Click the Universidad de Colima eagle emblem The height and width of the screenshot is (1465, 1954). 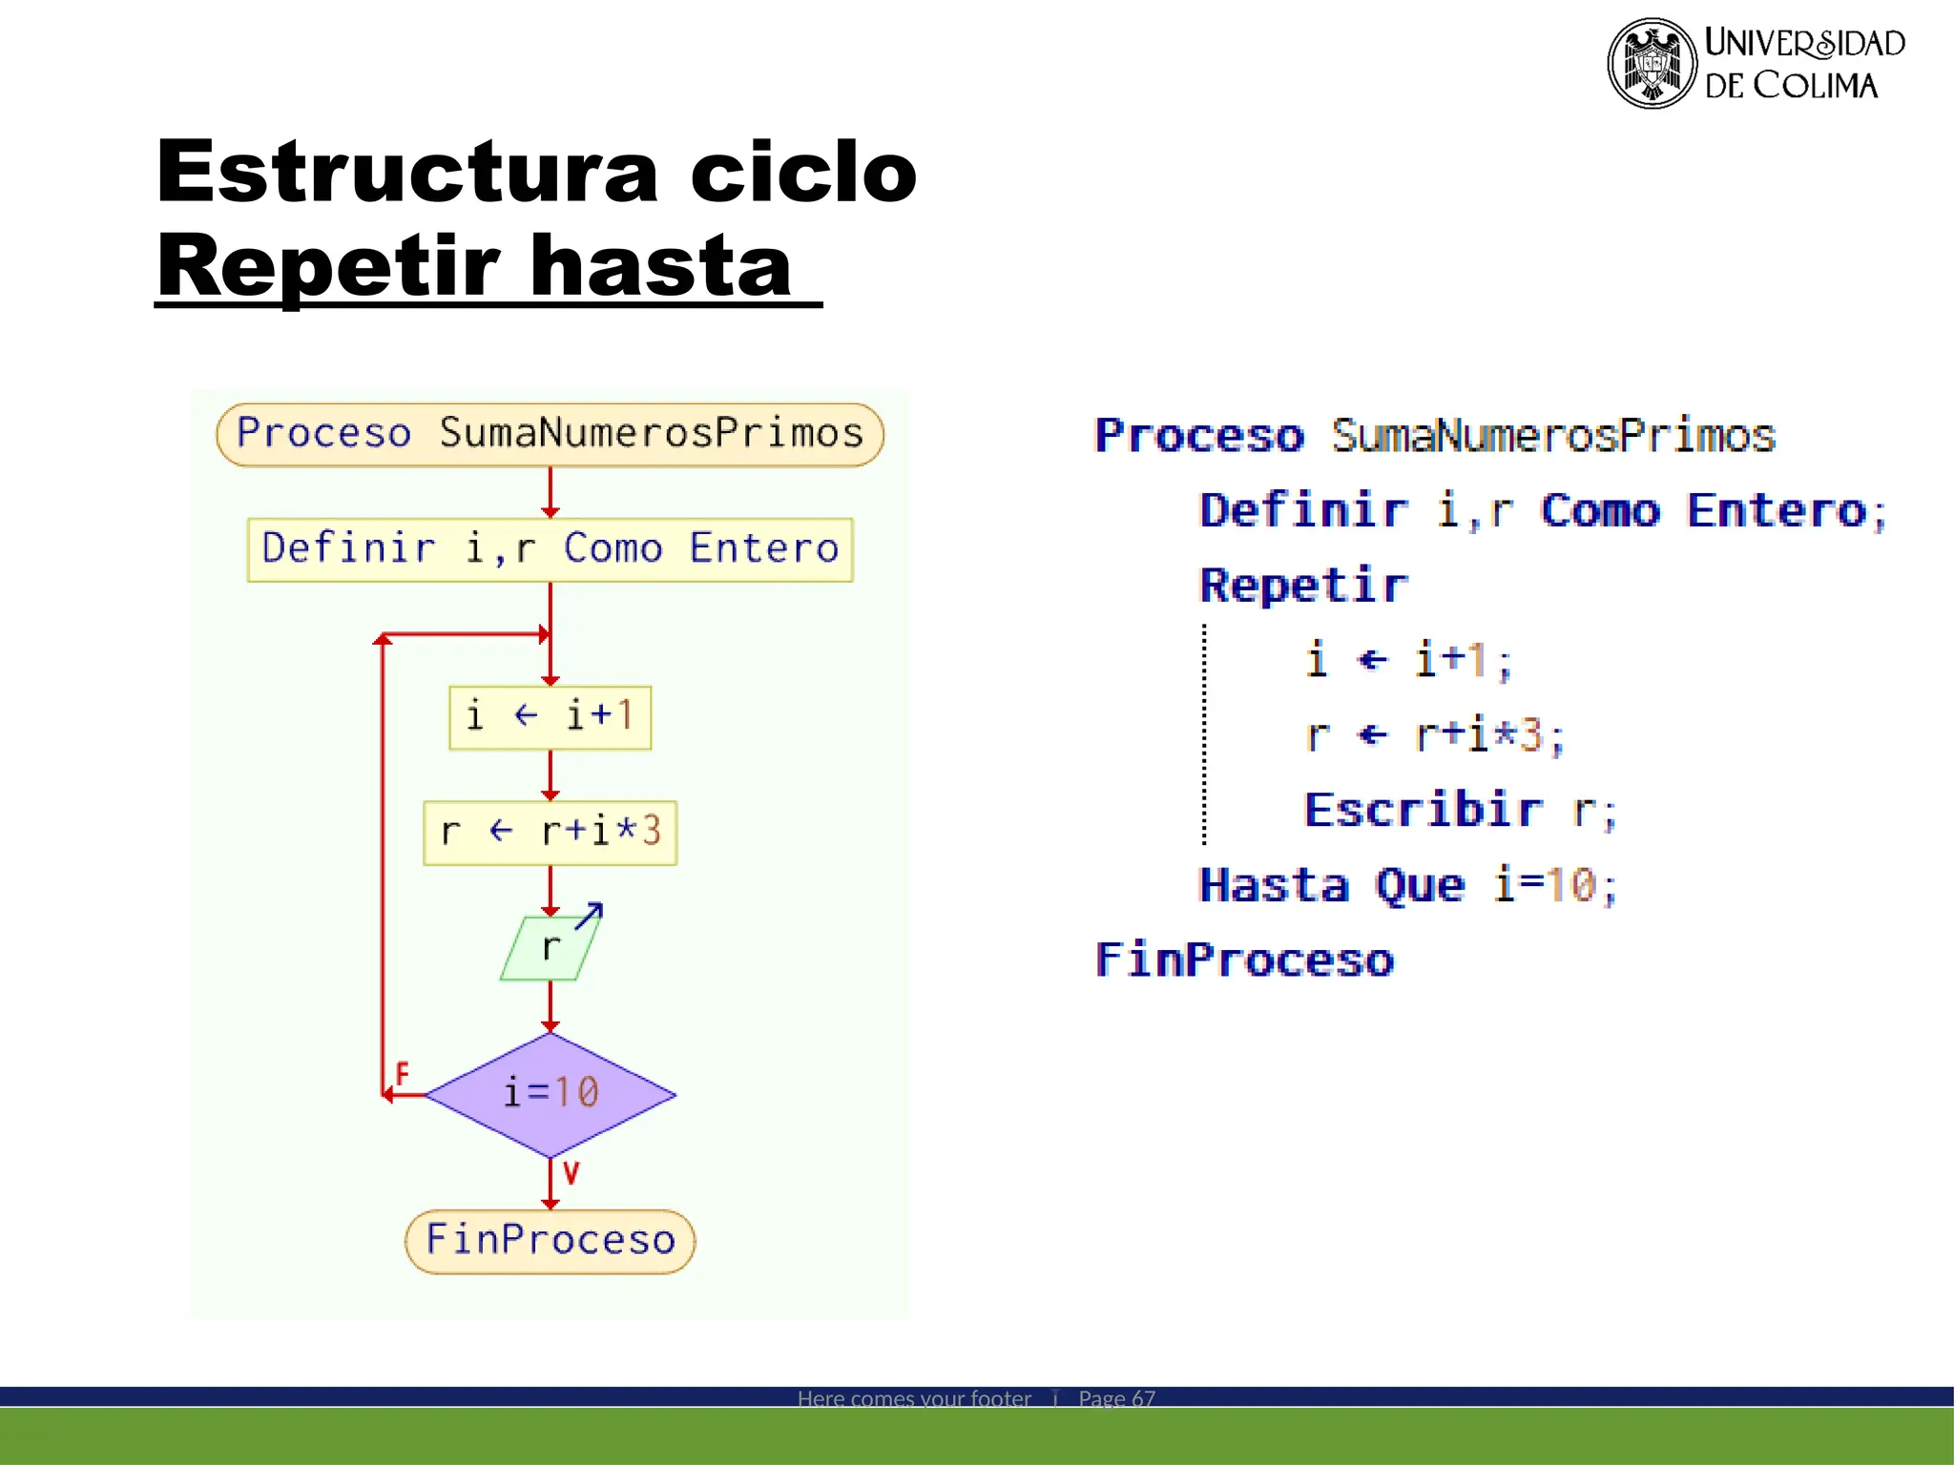click(1652, 63)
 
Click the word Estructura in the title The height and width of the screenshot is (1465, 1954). click(407, 172)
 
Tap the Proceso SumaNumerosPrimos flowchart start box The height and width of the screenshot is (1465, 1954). click(550, 434)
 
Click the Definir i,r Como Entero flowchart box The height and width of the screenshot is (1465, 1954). click(550, 549)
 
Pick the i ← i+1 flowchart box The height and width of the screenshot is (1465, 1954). click(550, 716)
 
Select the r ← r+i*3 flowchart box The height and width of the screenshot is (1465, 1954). click(550, 832)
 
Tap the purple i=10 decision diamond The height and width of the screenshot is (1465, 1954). click(550, 1094)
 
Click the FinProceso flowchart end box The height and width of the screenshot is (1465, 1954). click(550, 1240)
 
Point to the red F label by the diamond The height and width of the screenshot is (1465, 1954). click(402, 1074)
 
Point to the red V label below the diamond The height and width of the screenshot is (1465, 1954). click(571, 1172)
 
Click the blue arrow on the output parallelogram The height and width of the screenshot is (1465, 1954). click(589, 916)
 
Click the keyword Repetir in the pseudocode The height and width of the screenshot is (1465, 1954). click(1302, 585)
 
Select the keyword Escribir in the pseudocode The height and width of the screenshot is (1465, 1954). click(1423, 810)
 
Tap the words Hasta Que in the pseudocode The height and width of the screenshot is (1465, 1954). click(1331, 885)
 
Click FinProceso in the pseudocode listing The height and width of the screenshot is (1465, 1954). click(1244, 959)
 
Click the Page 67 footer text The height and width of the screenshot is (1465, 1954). click(1116, 1398)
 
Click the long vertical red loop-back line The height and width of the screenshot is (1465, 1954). click(383, 858)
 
